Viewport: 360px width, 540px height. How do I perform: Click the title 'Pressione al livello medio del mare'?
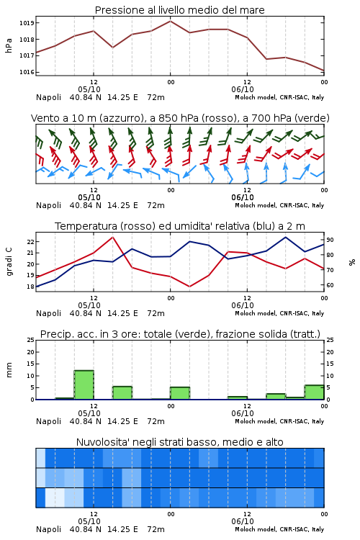[179, 10]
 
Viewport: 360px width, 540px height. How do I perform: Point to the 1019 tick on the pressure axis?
[27, 23]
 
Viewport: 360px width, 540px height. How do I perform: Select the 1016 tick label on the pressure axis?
[27, 72]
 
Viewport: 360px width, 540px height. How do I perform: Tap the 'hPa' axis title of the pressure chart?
[9, 45]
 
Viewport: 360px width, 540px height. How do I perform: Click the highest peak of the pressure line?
[170, 21]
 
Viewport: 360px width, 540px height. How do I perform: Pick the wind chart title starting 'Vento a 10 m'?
[180, 118]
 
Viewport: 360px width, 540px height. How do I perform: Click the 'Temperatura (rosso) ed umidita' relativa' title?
[180, 226]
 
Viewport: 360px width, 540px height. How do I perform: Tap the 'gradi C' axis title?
[9, 262]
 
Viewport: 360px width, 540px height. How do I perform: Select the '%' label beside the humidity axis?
[352, 262]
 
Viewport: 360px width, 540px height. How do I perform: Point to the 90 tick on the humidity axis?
[330, 240]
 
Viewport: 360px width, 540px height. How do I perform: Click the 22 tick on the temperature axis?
[31, 242]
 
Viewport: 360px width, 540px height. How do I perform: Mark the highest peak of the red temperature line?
[112, 237]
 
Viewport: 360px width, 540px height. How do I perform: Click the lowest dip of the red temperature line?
[189, 287]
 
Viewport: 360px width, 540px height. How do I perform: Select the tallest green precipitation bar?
[84, 384]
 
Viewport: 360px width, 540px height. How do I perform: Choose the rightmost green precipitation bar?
[314, 392]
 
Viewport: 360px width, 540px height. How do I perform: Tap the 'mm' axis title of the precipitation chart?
[9, 370]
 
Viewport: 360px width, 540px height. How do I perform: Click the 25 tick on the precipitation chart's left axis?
[31, 341]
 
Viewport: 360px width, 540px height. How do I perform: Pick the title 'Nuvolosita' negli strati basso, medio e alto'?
[180, 442]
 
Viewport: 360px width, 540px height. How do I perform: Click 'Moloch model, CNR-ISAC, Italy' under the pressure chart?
[279, 97]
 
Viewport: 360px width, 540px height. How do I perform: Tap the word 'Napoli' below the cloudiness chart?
[48, 529]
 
